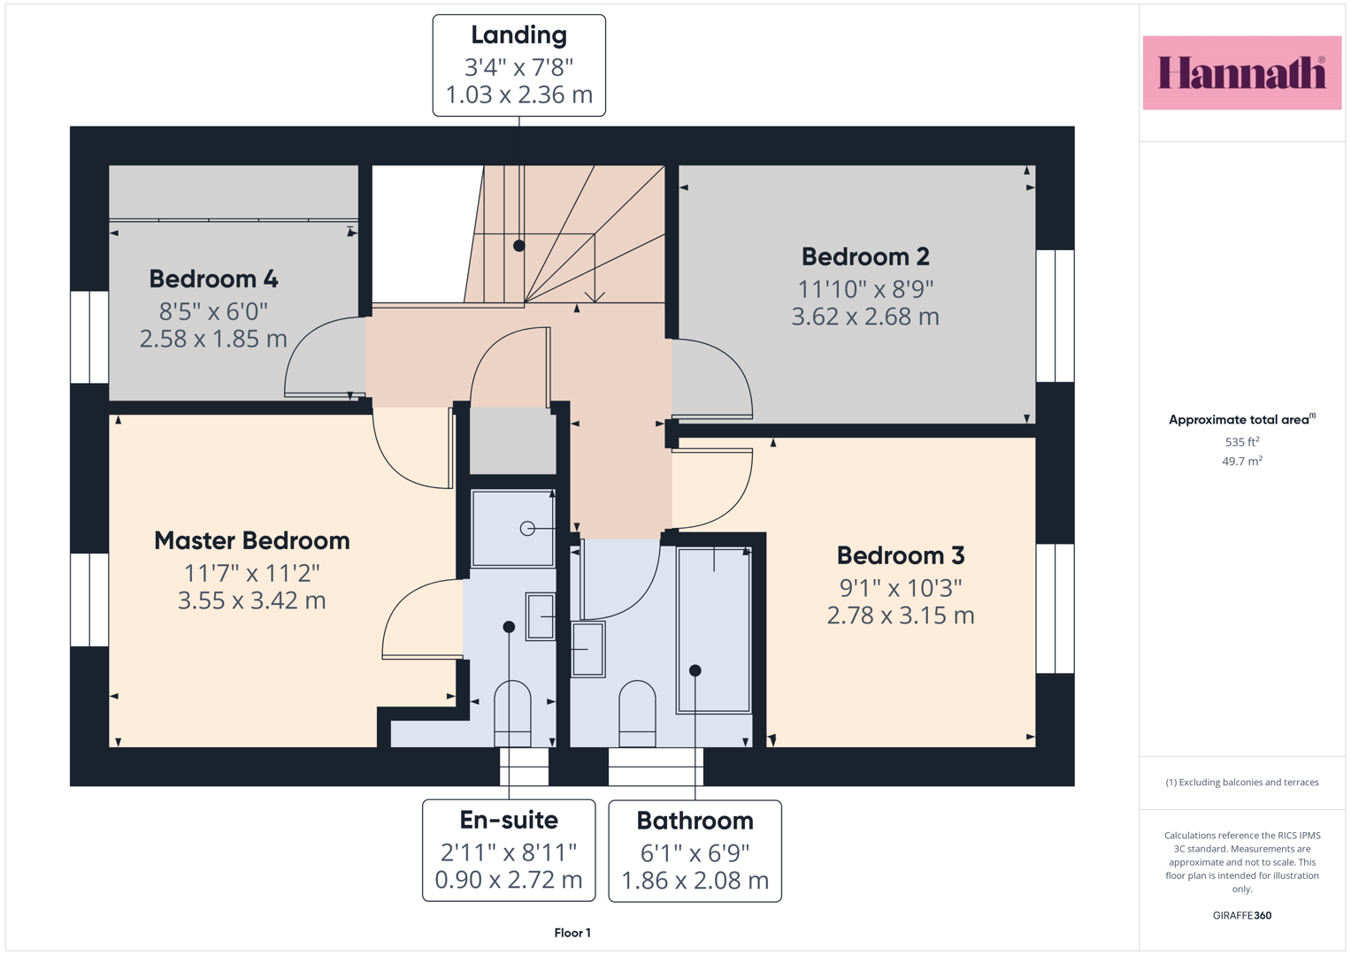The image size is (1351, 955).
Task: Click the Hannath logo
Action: [1242, 73]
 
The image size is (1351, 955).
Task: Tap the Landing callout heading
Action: [518, 35]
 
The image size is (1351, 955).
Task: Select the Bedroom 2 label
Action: [865, 256]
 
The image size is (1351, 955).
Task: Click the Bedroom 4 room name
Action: [213, 279]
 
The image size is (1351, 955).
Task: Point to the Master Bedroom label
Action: [252, 541]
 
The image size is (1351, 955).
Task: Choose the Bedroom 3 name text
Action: [901, 556]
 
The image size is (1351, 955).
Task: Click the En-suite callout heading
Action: [509, 820]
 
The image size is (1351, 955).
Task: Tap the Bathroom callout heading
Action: [695, 821]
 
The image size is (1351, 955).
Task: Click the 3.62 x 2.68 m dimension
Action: [865, 317]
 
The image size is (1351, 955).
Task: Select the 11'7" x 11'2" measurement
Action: [252, 573]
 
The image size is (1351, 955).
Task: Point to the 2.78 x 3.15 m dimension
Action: [901, 615]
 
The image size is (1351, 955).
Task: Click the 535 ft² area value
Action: [1242, 442]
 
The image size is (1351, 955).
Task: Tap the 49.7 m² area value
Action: [1242, 462]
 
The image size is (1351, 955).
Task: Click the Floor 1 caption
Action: [572, 933]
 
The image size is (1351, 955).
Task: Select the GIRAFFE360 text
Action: [1242, 915]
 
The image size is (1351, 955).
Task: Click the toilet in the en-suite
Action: [512, 714]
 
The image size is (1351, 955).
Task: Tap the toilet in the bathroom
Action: [637, 714]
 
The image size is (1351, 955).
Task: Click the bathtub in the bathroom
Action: [713, 630]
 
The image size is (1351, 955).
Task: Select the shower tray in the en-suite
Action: [512, 529]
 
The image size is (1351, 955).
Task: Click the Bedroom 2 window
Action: [1055, 316]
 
